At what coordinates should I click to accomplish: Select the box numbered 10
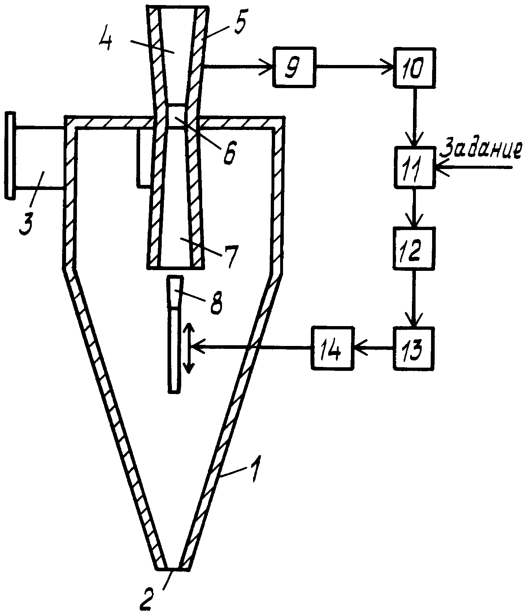coord(414,67)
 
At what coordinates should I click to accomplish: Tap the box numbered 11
coord(414,167)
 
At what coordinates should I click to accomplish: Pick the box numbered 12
coord(414,248)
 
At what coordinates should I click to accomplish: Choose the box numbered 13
coord(414,347)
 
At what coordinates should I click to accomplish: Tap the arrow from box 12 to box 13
coord(414,298)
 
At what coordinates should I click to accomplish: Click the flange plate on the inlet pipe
coord(10,156)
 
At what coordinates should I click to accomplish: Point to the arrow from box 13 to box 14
coord(373,347)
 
